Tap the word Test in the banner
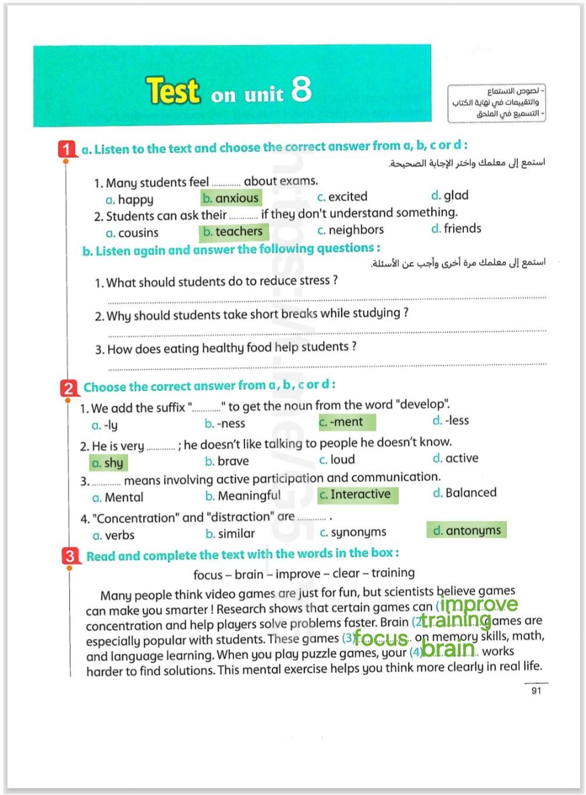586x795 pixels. pos(173,91)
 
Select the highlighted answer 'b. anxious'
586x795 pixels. pos(230,198)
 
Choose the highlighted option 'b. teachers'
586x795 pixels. pos(233,232)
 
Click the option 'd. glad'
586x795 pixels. pos(449,196)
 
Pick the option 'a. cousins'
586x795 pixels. pos(132,233)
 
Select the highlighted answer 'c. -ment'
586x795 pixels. pos(346,422)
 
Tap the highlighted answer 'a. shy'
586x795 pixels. pos(108,463)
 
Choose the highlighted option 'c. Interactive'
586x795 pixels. pos(357,495)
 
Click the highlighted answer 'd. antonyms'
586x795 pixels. pos(466,530)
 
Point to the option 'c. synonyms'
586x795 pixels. pos(353,533)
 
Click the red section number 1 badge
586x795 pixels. pos(67,149)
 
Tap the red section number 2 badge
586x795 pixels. pos(69,388)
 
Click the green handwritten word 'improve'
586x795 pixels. pos(478,605)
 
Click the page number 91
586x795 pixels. pos(536,691)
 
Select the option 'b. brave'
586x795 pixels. pos(226,462)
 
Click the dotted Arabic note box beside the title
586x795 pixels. pos(496,103)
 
